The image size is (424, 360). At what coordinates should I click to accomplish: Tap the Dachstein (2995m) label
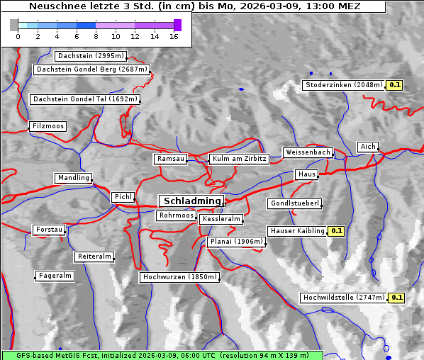[x=91, y=56]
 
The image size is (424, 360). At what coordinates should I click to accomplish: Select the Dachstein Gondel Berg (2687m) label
[x=91, y=69]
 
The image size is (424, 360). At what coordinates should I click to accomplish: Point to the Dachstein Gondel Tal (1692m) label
[x=85, y=99]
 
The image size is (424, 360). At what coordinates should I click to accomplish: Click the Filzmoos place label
[x=48, y=126]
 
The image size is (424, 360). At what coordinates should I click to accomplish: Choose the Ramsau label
[x=171, y=159]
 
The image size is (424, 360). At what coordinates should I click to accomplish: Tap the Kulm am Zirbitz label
[x=239, y=159]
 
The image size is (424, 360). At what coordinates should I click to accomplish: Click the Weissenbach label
[x=308, y=152]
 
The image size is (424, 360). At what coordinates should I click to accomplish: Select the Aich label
[x=368, y=147]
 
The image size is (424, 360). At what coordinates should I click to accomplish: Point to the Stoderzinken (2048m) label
[x=343, y=85]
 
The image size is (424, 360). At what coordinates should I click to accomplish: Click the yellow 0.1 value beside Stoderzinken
[x=395, y=85]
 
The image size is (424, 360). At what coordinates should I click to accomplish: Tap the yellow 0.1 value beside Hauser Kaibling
[x=336, y=230]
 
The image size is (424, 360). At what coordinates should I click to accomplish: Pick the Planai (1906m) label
[x=236, y=242]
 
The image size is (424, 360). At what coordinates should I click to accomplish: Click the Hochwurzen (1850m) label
[x=179, y=277]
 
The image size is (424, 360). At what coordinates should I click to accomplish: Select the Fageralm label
[x=55, y=276]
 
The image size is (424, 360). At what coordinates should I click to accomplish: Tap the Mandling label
[x=74, y=178]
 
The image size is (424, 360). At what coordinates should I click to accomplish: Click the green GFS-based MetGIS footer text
[x=162, y=355]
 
